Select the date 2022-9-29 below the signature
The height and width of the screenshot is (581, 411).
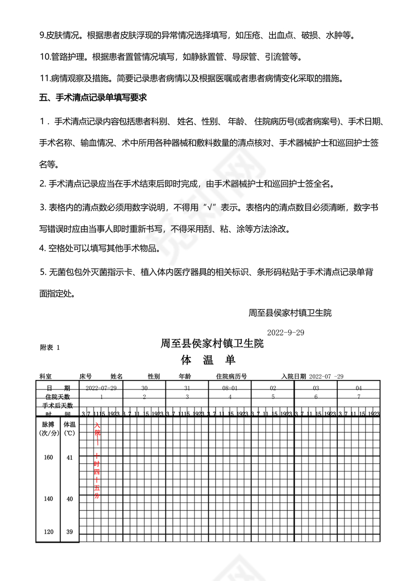coord(285,332)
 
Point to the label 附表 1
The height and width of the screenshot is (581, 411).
coord(50,347)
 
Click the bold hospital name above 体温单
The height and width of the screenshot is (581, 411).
coord(212,343)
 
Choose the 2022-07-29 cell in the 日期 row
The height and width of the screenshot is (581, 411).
coord(101,388)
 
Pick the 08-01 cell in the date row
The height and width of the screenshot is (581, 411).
coord(230,388)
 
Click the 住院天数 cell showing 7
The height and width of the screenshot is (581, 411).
coord(359,397)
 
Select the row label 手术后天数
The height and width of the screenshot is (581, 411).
coord(57,405)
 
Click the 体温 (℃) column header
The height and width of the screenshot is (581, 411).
coord(69,429)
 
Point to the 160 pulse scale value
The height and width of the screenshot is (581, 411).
coord(48,457)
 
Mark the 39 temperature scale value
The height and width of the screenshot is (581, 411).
coord(69,532)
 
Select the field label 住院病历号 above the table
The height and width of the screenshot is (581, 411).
coord(232,377)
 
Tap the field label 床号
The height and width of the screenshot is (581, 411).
coord(86,377)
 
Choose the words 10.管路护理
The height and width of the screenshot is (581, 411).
coord(64,57)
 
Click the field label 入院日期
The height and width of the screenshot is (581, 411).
coord(294,377)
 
